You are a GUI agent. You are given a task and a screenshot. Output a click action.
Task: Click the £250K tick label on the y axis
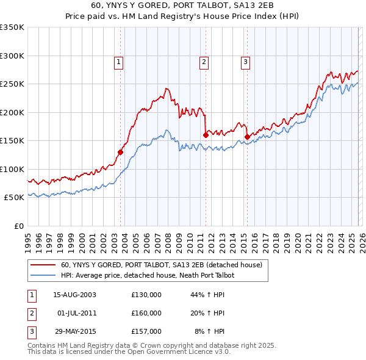pyautogui.click(x=12, y=84)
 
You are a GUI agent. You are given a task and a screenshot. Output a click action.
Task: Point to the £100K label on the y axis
pyautogui.click(x=12, y=169)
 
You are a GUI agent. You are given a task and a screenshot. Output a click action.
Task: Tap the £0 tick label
pyautogui.click(x=18, y=226)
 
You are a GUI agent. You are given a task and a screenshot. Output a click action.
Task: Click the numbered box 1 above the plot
pyautogui.click(x=118, y=61)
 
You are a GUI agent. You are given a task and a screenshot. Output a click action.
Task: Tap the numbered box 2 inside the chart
pyautogui.click(x=203, y=61)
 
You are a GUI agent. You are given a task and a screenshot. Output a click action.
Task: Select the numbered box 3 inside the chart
pyautogui.click(x=245, y=61)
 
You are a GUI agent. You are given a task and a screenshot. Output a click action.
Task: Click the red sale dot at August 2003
pyautogui.click(x=120, y=152)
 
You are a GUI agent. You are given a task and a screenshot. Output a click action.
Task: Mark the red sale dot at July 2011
pyautogui.click(x=206, y=135)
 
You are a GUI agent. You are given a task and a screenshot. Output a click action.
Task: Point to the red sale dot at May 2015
pyautogui.click(x=247, y=137)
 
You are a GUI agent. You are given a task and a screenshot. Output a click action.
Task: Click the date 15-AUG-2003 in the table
pyautogui.click(x=74, y=295)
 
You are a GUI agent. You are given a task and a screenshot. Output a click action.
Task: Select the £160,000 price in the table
pyautogui.click(x=146, y=313)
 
